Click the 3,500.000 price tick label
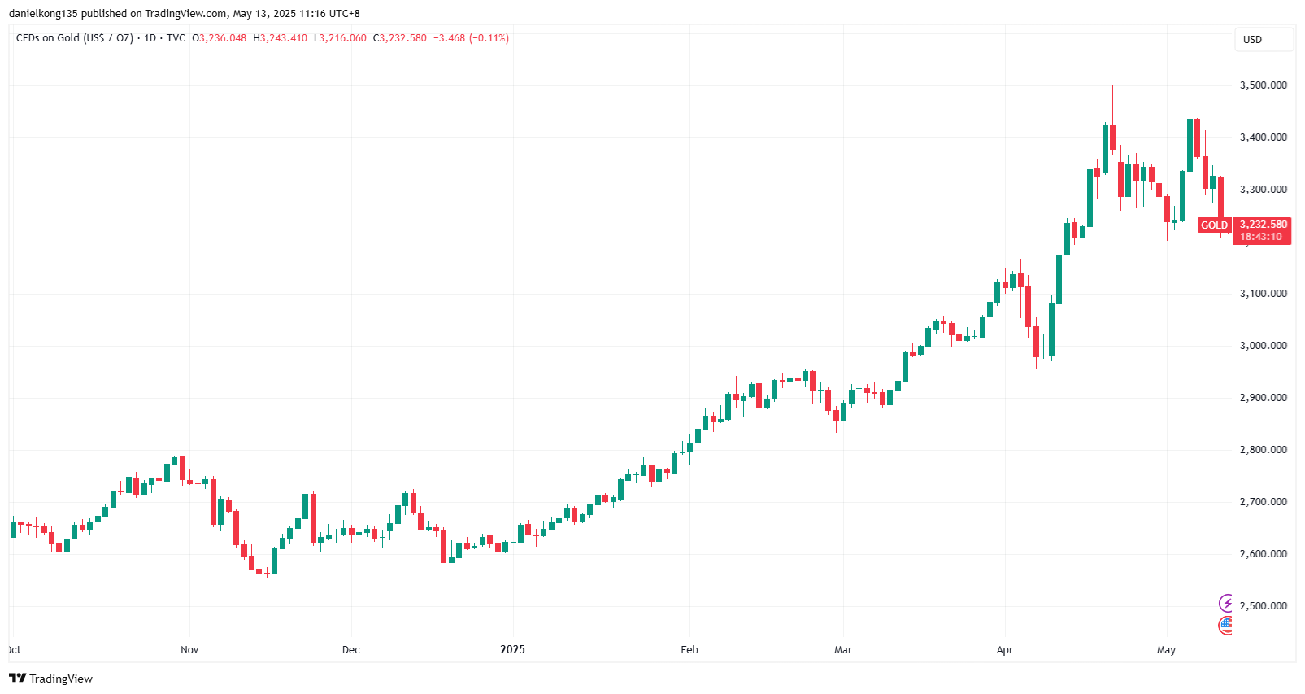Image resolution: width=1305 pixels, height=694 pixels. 1263,85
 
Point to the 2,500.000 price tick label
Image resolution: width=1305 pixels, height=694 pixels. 1263,606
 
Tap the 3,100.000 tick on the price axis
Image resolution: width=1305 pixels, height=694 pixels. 1263,294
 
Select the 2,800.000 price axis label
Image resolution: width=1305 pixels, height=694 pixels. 1263,450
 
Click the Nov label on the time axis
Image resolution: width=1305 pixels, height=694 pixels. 189,650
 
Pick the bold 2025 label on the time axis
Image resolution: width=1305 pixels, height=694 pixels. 512,650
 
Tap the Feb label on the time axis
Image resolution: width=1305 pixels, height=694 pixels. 689,650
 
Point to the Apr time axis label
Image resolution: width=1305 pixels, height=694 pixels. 1005,650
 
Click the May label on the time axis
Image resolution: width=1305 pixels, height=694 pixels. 1166,650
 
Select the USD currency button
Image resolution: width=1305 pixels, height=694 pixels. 1253,40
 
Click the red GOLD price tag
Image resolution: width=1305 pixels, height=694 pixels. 1214,225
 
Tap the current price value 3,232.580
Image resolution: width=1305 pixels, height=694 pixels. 1263,225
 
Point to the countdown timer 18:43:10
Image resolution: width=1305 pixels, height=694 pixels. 1260,237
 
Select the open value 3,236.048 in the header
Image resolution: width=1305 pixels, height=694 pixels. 222,38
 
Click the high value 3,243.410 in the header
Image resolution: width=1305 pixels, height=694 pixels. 283,38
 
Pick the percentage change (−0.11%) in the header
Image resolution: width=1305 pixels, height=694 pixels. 489,38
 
